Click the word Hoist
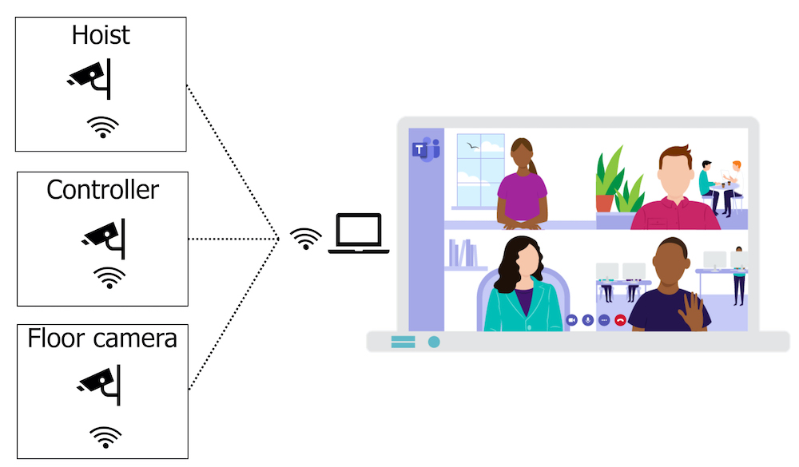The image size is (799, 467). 101,35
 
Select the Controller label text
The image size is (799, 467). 102,190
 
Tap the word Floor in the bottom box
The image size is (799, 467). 57,338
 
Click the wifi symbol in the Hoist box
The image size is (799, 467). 102,127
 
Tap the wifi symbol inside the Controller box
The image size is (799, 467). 109,277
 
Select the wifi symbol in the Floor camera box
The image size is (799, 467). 105,436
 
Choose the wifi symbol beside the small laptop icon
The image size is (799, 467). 305,238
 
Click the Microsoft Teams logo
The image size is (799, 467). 425,149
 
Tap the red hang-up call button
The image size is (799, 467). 620,319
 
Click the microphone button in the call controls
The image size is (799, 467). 588,319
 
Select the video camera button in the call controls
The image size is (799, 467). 571,319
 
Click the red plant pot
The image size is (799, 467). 605,202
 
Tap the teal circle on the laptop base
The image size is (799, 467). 434,342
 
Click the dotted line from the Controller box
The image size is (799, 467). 232,238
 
